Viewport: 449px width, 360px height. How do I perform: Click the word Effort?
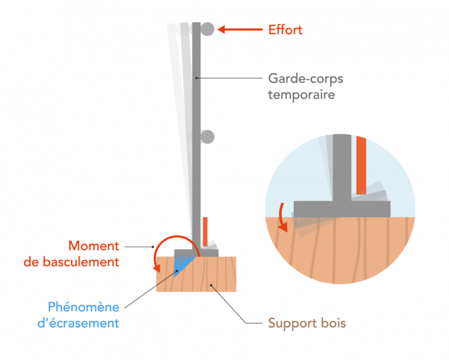285,30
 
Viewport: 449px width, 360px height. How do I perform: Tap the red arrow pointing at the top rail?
239,29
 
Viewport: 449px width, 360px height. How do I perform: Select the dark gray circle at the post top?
208,29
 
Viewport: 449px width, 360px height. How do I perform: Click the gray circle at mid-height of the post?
208,136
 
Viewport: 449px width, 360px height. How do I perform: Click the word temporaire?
301,94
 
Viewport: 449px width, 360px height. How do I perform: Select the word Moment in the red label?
94,246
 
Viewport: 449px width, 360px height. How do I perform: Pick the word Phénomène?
84,307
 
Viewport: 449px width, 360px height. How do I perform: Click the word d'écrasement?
84,323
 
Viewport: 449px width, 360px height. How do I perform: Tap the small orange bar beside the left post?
205,229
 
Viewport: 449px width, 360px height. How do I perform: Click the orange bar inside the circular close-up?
361,165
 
